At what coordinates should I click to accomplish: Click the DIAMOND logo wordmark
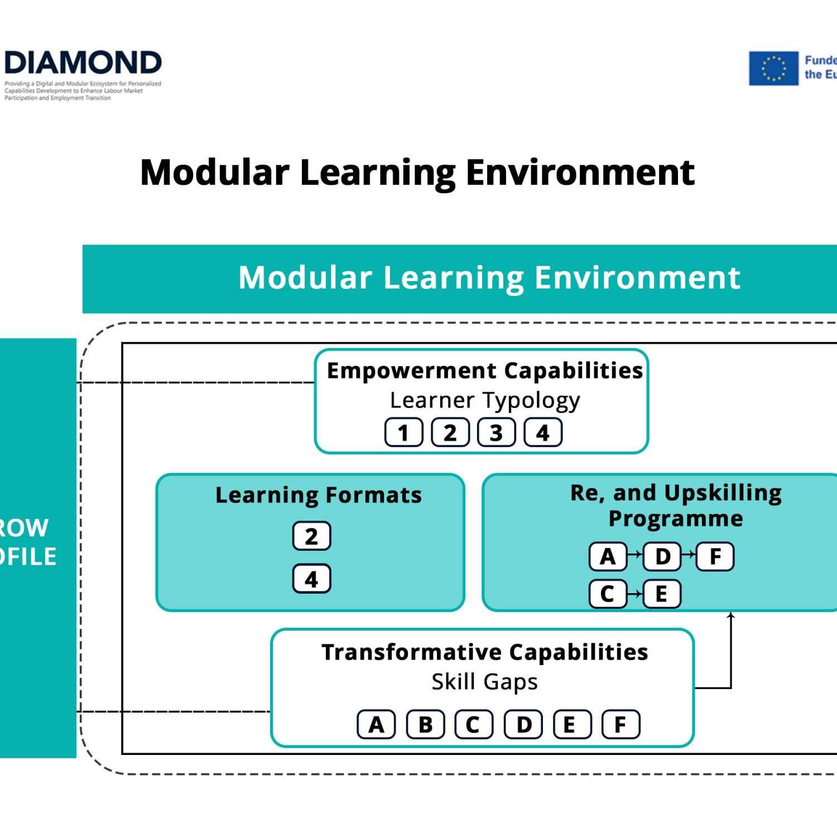pos(83,62)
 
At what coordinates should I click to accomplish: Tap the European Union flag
pos(773,69)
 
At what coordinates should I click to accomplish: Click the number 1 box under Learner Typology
pos(403,432)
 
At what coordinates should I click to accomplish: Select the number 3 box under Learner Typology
pos(496,432)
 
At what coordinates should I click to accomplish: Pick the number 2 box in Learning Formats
pos(311,536)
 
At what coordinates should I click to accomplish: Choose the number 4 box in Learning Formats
pos(311,579)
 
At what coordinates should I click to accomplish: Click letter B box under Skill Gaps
pos(425,724)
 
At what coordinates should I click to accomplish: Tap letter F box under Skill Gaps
pos(620,724)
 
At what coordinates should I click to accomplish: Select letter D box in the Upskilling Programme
pos(662,556)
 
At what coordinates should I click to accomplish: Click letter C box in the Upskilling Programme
pos(608,594)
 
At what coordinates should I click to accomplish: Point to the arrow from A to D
pos(635,555)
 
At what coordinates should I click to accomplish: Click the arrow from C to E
pos(635,594)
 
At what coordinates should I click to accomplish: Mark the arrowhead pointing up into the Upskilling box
pos(730,615)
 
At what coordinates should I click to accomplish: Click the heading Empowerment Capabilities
pos(484,371)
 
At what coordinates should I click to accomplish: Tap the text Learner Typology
pos(484,400)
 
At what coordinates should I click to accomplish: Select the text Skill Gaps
pos(484,681)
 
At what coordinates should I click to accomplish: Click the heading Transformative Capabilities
pos(484,652)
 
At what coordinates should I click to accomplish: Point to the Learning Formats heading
pos(318,495)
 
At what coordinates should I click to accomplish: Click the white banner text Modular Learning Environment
pos(489,277)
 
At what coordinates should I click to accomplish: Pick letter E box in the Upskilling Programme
pos(662,594)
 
